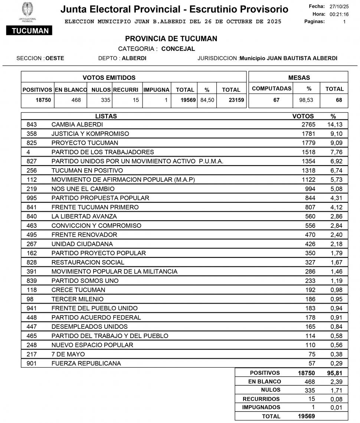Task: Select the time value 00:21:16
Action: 339,14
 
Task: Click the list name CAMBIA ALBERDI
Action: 77,125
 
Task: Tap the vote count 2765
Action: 308,125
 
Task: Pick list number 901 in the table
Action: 32,363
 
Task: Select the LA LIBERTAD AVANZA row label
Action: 84,216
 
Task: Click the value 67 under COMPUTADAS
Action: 276,100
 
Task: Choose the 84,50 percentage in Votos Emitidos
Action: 207,100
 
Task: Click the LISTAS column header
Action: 106,116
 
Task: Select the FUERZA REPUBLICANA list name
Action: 86,363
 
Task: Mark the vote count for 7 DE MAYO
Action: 311,354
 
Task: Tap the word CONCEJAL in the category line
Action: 178,49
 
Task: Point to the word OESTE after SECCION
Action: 55,58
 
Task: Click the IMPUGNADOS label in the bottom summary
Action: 261,407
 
